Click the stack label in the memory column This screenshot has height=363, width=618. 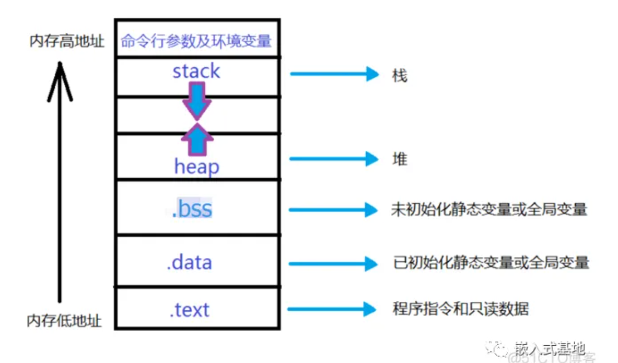coord(196,72)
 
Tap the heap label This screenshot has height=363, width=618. coord(196,167)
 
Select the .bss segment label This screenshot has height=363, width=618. coord(192,209)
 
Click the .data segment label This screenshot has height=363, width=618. coord(189,262)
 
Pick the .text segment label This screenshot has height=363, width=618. coord(189,310)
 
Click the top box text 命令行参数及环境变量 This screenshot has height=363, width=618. coord(196,41)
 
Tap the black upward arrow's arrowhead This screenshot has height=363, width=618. coord(60,78)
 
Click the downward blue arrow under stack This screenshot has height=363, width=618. coord(196,102)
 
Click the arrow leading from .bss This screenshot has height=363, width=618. coord(333,210)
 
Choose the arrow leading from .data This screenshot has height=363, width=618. coord(333,263)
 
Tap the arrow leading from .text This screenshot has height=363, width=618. coord(332,309)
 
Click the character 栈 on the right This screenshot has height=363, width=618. coord(399,76)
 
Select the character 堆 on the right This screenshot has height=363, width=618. coord(400,159)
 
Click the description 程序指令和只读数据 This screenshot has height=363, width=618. coord(460,308)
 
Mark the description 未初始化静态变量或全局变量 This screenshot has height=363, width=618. coord(489,209)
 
